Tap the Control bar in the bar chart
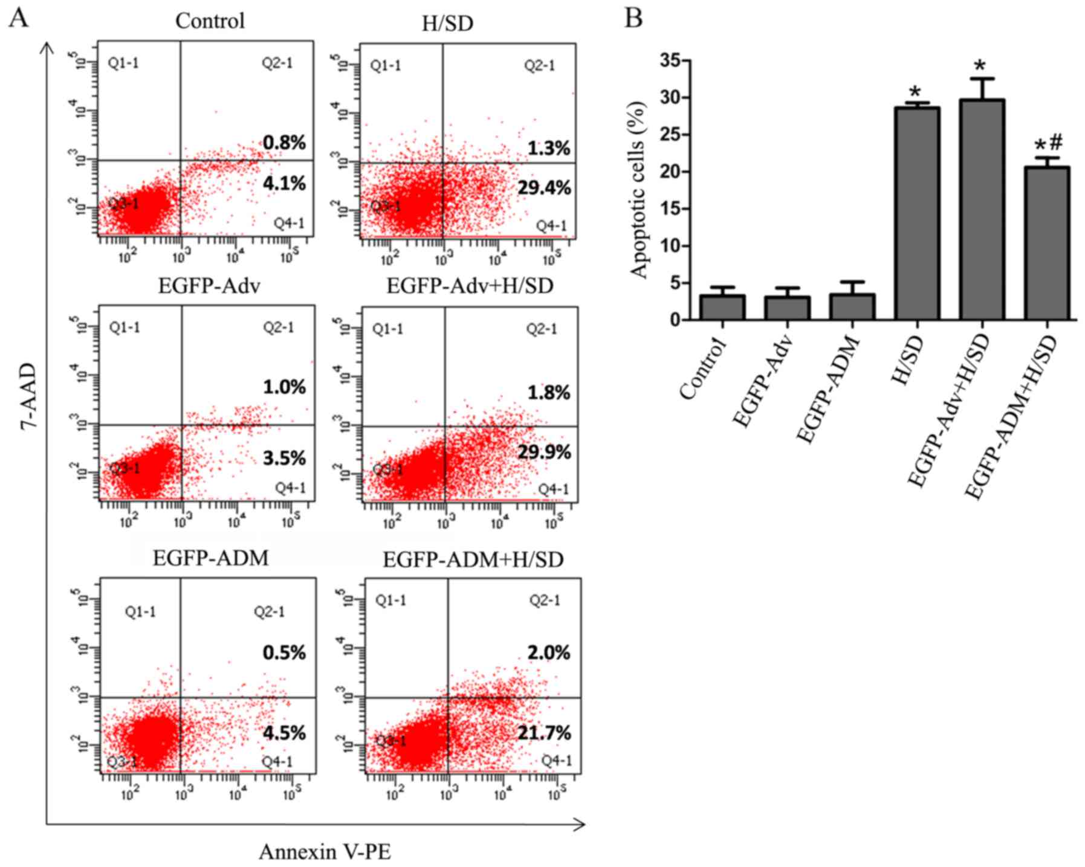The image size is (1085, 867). pos(722,307)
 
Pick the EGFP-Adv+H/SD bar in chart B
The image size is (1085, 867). pos(982,209)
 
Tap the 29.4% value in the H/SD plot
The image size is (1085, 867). pos(544,188)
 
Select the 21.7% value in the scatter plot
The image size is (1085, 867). pos(544,733)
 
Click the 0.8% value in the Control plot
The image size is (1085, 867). pos(284,143)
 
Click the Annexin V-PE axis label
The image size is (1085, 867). pos(325,852)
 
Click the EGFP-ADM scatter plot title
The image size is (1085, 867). pos(210,558)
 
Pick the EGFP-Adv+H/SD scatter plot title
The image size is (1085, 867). pos(470,286)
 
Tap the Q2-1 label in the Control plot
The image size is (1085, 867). pos(277,63)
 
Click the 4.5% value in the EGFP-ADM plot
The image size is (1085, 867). pos(284,733)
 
